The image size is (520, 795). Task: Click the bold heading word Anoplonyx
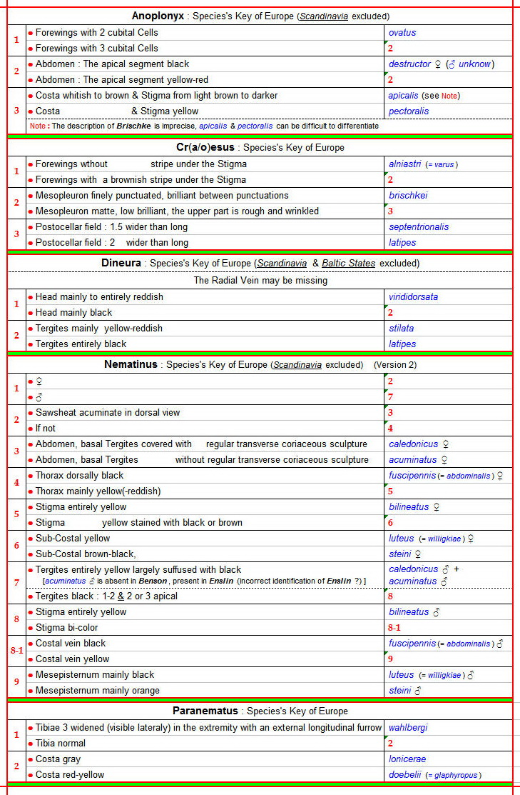[158, 16]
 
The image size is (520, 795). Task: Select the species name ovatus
[402, 32]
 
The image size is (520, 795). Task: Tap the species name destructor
[409, 64]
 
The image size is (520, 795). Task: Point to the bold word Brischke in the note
[136, 126]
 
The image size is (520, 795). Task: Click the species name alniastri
[404, 164]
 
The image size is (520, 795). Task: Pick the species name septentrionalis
[419, 226]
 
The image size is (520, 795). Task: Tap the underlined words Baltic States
[348, 263]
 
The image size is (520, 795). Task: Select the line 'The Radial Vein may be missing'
[260, 280]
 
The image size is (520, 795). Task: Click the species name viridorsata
[413, 296]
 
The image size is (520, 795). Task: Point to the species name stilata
[401, 328]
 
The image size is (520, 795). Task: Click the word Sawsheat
[58, 412]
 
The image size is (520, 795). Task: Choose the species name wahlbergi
[408, 727]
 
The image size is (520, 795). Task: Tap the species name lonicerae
[406, 759]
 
